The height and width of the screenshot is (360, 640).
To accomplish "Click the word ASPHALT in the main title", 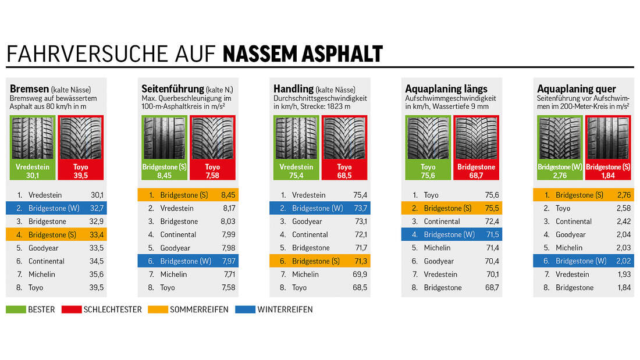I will pos(340,54).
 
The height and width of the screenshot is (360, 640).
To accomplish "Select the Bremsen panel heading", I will pos(29,89).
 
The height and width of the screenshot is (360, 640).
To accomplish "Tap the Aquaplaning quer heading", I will pos(576,89).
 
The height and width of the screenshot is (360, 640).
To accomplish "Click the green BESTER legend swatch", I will pos(16,309).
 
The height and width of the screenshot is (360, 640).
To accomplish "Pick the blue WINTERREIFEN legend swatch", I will pos(245,309).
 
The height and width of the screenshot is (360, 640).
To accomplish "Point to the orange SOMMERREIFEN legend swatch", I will pos(158,309).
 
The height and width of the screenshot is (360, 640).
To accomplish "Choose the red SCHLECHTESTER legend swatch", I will pos(74,309).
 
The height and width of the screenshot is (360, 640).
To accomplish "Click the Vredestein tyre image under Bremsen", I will pos(32,138).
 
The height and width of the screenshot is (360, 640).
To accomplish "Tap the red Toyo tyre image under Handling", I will pos(344,138).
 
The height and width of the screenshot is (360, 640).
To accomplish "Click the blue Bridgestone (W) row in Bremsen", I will pos(56,208).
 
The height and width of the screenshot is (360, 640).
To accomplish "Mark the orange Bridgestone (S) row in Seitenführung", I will pos(188,195).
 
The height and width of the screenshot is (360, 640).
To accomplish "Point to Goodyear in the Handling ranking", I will pos(307,222).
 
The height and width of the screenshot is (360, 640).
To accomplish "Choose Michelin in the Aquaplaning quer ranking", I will pos(568,248).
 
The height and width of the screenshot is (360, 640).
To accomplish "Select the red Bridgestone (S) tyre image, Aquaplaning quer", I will pos(607,138).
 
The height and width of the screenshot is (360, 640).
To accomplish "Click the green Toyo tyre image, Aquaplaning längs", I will pos(428,138).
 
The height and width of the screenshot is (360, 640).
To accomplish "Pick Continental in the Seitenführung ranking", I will pos(178,234).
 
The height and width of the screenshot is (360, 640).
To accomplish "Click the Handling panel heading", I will pos(293,89).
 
